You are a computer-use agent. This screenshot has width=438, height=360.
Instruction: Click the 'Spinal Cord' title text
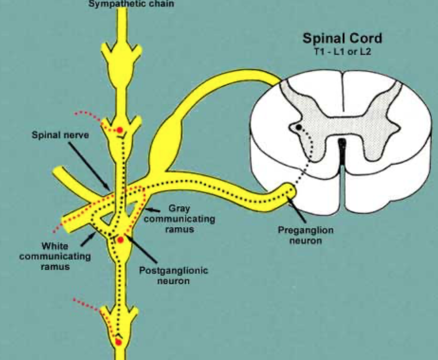point(342,38)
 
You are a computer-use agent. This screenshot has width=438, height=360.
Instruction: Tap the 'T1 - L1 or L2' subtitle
point(342,51)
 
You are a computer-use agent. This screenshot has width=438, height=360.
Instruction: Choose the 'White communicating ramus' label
point(55,256)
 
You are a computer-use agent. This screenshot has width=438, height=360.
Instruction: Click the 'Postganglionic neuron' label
point(173,275)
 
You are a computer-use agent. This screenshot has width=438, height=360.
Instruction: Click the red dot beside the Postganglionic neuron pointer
point(120,240)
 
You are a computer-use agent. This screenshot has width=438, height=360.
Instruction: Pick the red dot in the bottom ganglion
point(118,342)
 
